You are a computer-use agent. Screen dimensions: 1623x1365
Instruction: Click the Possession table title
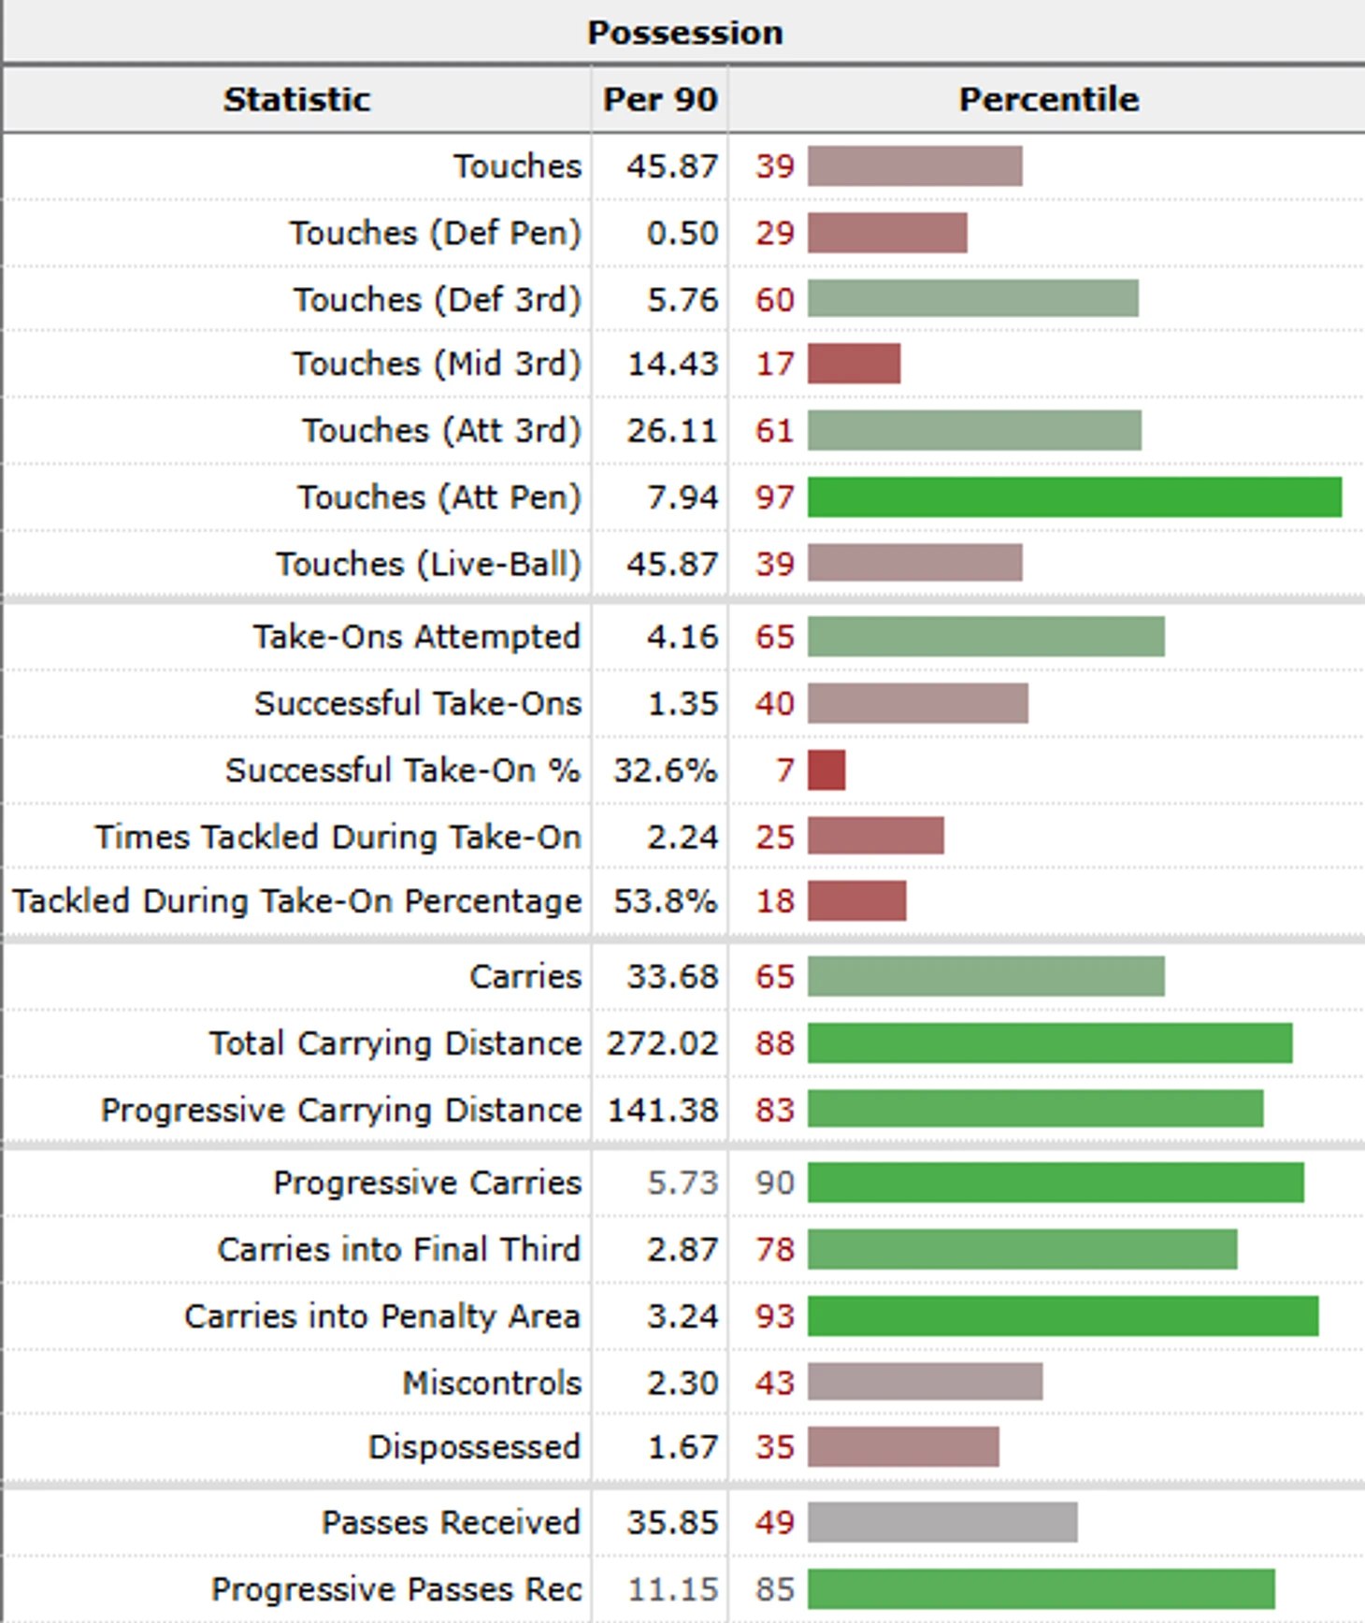click(684, 33)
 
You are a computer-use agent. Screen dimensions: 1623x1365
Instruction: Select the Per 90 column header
click(660, 99)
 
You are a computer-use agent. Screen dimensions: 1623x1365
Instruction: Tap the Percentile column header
click(1048, 99)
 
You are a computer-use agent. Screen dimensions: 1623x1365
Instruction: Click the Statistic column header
click(296, 99)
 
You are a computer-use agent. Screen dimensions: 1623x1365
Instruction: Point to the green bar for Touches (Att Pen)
click(1074, 496)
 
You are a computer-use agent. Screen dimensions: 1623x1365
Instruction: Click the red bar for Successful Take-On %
click(826, 770)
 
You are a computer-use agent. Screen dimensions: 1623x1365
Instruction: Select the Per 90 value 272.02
click(662, 1043)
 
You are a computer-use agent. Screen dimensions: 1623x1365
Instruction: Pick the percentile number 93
click(775, 1316)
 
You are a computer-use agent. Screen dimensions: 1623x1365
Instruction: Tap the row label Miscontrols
click(492, 1383)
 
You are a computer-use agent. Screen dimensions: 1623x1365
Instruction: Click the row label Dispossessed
click(474, 1447)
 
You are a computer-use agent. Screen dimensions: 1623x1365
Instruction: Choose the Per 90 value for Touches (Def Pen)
click(682, 233)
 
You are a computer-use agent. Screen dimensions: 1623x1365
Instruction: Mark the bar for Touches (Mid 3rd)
click(854, 364)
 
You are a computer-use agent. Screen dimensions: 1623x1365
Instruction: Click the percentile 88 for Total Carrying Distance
click(775, 1043)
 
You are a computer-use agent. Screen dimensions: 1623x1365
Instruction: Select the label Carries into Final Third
click(399, 1250)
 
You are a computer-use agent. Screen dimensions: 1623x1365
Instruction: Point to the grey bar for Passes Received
click(942, 1523)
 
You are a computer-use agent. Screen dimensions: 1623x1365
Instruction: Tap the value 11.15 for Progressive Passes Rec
click(673, 1589)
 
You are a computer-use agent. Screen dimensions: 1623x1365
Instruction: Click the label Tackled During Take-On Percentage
click(296, 901)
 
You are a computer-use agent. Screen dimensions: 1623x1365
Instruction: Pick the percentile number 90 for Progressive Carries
click(775, 1183)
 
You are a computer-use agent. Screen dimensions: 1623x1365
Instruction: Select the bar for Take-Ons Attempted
click(985, 637)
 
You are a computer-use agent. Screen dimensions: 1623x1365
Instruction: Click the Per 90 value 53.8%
click(665, 901)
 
